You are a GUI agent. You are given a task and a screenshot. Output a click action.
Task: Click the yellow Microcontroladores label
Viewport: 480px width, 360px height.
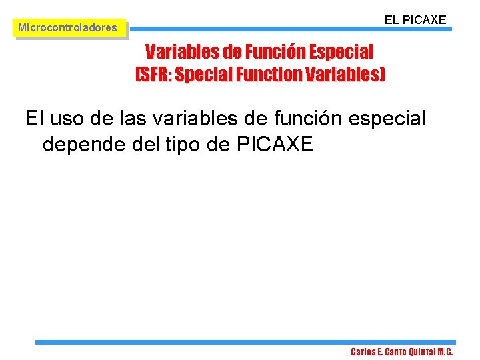click(67, 28)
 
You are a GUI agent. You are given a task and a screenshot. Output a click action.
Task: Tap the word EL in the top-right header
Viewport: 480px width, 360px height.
click(392, 20)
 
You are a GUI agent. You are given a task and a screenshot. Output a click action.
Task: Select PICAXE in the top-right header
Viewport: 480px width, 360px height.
click(424, 20)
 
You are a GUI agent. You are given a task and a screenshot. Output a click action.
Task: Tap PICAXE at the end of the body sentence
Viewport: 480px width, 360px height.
click(275, 143)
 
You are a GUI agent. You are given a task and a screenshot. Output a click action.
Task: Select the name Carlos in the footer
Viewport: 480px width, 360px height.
click(364, 352)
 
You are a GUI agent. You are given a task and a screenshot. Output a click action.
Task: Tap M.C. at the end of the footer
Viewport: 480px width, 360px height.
click(445, 352)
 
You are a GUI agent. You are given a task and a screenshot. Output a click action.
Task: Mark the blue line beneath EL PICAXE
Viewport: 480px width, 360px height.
click(290, 29)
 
